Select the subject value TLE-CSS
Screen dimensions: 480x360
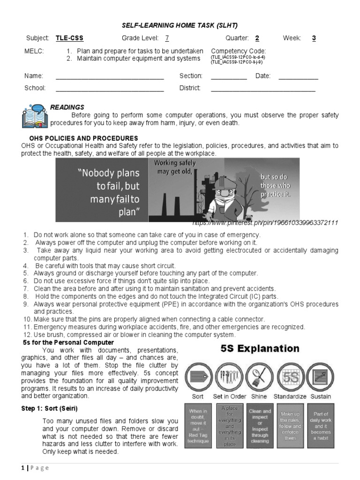tap(69, 38)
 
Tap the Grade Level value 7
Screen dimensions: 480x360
tap(167, 38)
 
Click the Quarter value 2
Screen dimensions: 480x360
tap(257, 38)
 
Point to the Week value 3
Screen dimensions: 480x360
tap(314, 38)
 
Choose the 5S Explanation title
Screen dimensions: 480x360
tap(260, 349)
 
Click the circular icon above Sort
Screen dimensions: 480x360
tap(198, 376)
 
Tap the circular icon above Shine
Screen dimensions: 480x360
tap(259, 376)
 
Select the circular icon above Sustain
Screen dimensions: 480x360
tap(321, 376)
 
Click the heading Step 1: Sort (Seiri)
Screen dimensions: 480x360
tap(49, 408)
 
